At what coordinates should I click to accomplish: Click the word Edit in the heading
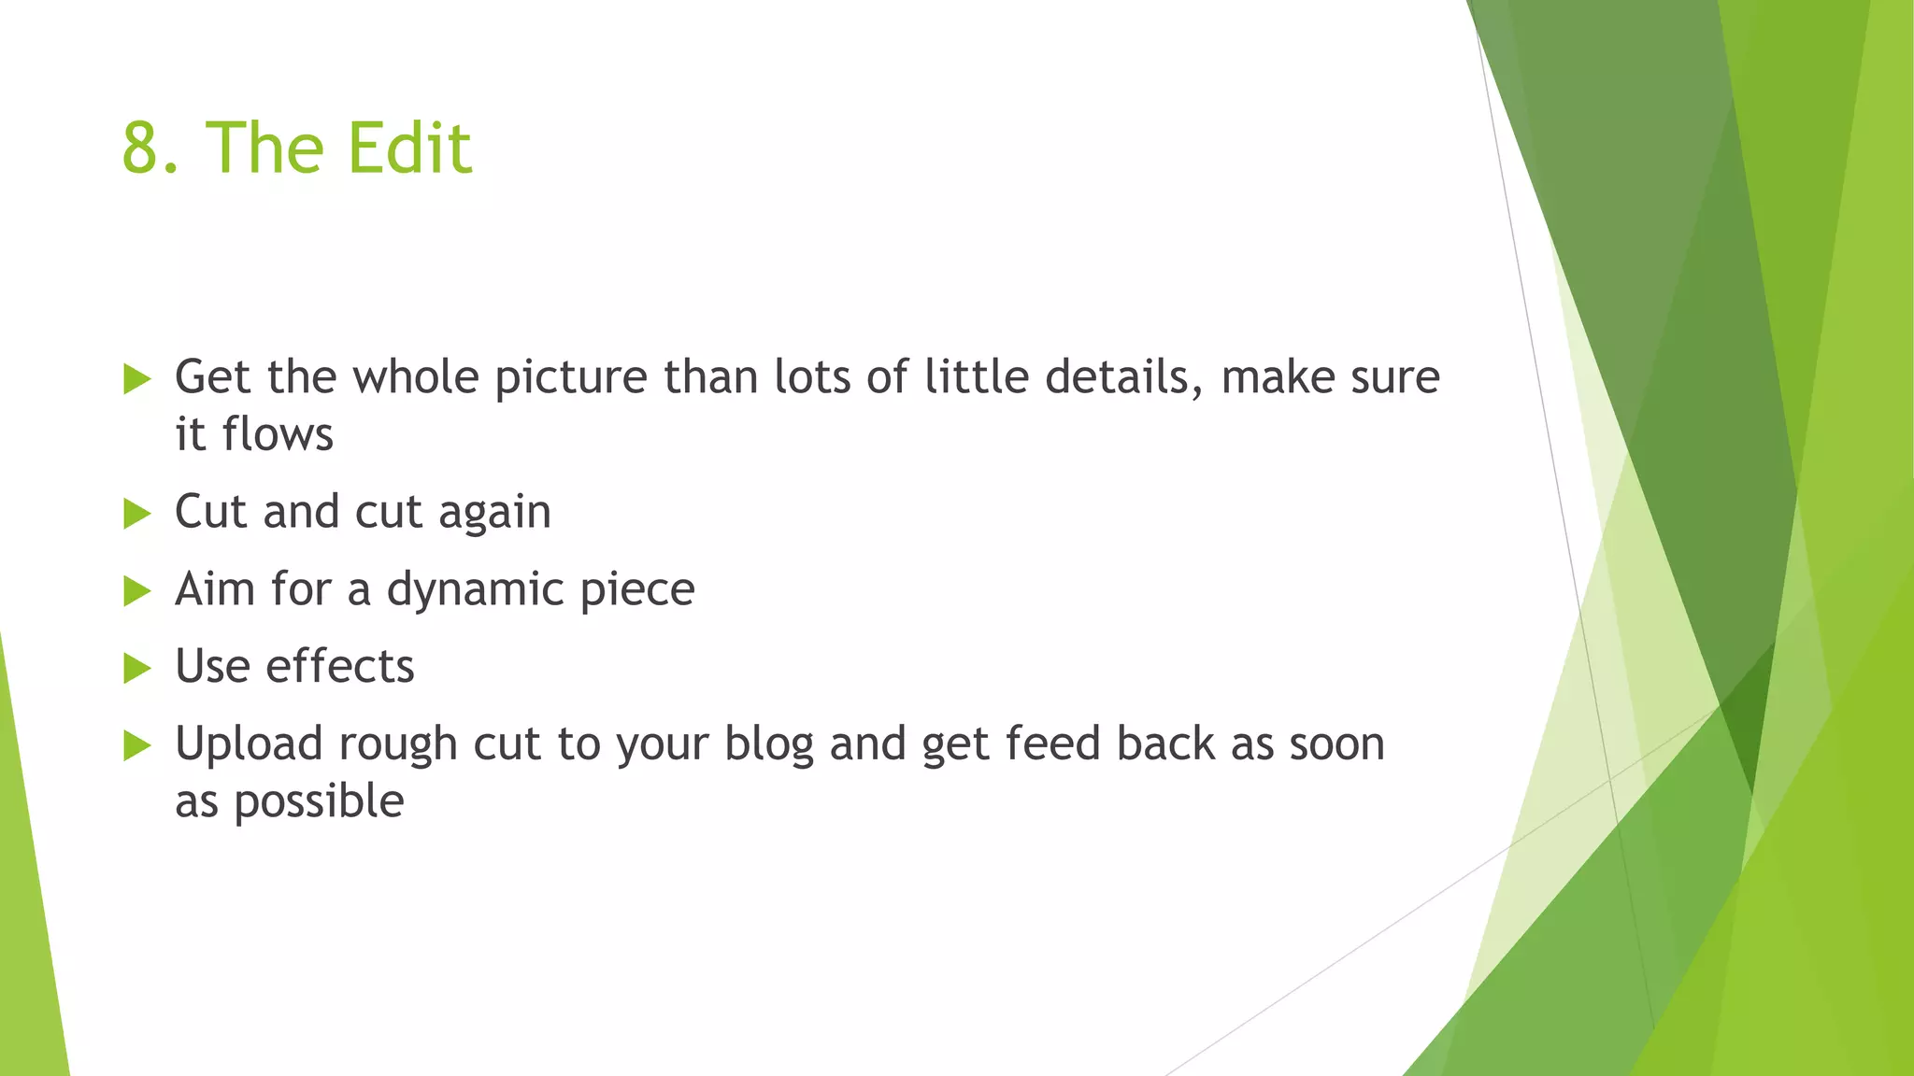pyautogui.click(x=408, y=149)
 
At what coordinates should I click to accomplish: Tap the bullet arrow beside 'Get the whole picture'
pyautogui.click(x=136, y=379)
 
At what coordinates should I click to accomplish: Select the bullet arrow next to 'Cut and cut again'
pyautogui.click(x=136, y=514)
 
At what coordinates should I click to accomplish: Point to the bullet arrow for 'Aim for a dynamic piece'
pyautogui.click(x=136, y=591)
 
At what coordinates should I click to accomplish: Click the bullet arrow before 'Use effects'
pyautogui.click(x=136, y=669)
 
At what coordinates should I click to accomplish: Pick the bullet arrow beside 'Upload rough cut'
pyautogui.click(x=136, y=745)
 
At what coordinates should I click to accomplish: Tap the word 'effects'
pyautogui.click(x=340, y=667)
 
